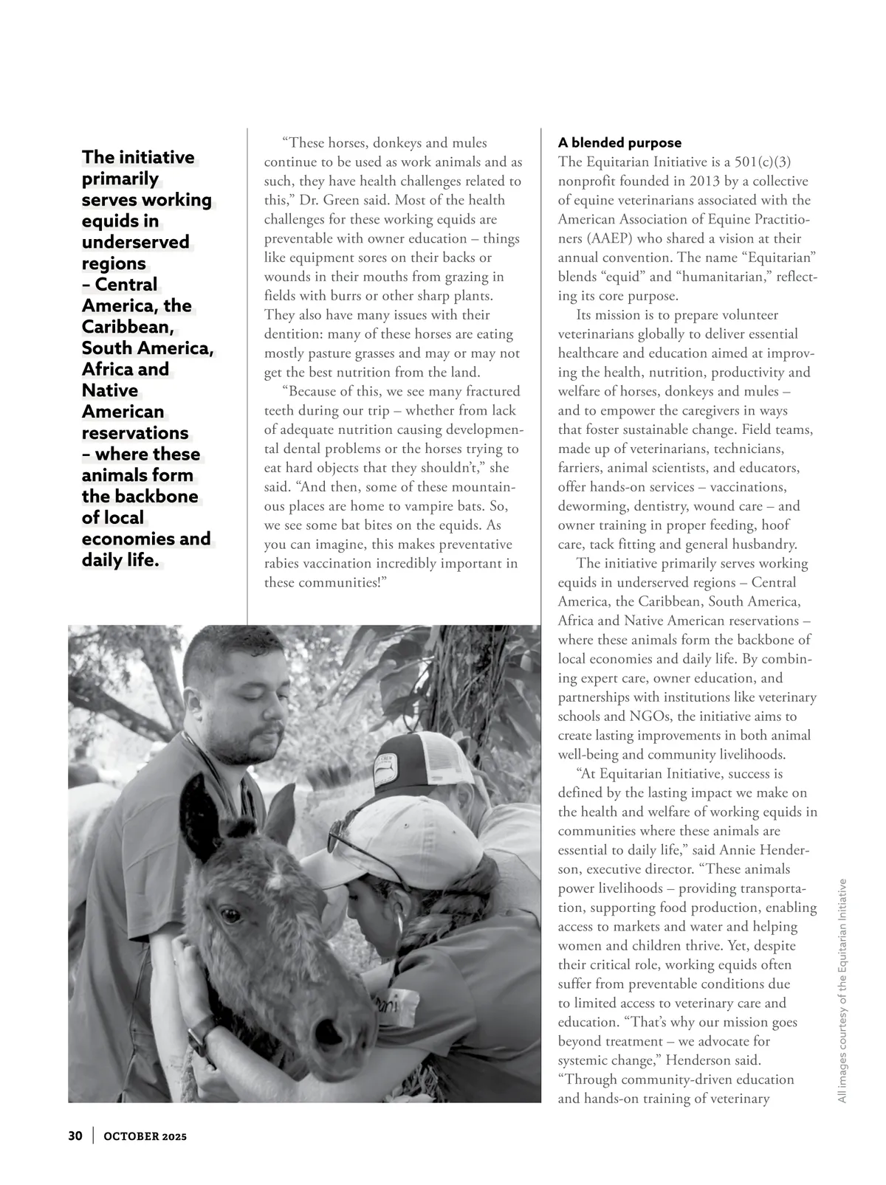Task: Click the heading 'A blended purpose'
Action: [x=619, y=142]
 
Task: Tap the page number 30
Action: [x=75, y=1136]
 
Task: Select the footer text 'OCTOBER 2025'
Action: [x=145, y=1136]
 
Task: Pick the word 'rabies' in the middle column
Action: [x=284, y=564]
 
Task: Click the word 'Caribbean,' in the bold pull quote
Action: [x=128, y=327]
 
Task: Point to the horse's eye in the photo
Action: [x=231, y=916]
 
